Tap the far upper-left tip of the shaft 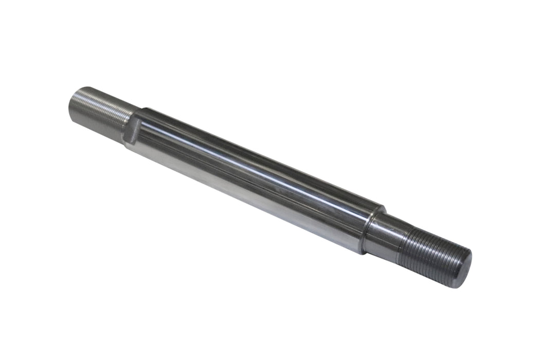pyautogui.click(x=71, y=103)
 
